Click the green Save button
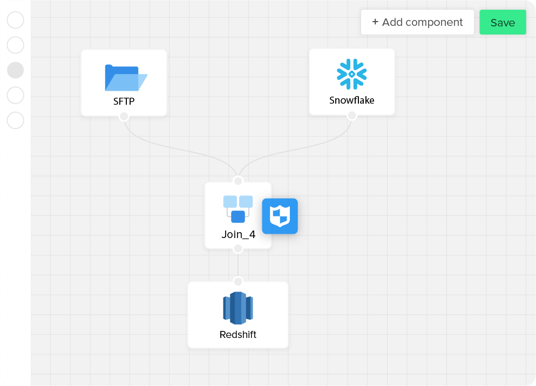503,22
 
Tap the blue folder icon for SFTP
126,78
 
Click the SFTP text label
124,101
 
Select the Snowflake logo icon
352,74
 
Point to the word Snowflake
352,100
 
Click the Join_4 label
238,234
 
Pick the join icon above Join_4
238,209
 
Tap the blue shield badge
280,216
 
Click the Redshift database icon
238,308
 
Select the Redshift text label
238,334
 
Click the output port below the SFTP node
124,117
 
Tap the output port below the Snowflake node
352,116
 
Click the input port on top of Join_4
238,180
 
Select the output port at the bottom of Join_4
238,248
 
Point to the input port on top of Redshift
238,281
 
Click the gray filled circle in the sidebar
15,70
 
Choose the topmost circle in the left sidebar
15,20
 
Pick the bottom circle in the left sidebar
15,120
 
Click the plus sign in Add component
375,22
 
